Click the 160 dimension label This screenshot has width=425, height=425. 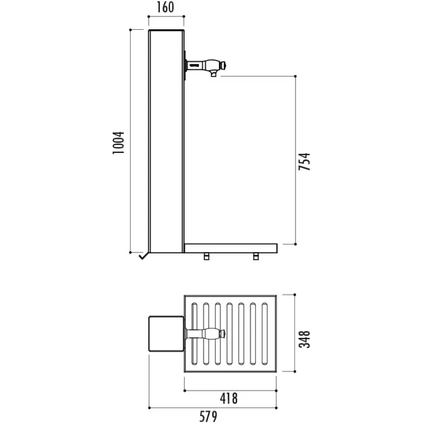[x=165, y=7]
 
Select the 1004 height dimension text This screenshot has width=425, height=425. [x=118, y=143]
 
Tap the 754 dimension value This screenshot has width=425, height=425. [x=304, y=161]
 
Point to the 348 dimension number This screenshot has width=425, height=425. [x=304, y=339]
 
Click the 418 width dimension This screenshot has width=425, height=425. [x=229, y=399]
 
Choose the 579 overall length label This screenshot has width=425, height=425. [x=208, y=416]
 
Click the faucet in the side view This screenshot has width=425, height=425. [x=205, y=66]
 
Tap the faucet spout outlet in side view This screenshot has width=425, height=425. [x=214, y=74]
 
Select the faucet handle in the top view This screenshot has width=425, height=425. [x=205, y=334]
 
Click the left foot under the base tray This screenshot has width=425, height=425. [x=207, y=257]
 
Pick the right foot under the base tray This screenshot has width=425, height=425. [x=256, y=257]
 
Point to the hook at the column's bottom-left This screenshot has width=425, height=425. [x=143, y=256]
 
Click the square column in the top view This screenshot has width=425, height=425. [x=166, y=334]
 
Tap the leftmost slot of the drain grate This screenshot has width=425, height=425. [x=194, y=334]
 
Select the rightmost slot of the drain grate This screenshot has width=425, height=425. [x=265, y=334]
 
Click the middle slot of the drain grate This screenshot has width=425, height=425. [x=229, y=334]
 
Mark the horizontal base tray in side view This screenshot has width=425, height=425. [x=231, y=249]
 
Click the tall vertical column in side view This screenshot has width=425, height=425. [x=166, y=141]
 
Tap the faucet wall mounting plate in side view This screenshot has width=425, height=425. [x=185, y=65]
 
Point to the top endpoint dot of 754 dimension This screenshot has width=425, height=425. [x=295, y=76]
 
